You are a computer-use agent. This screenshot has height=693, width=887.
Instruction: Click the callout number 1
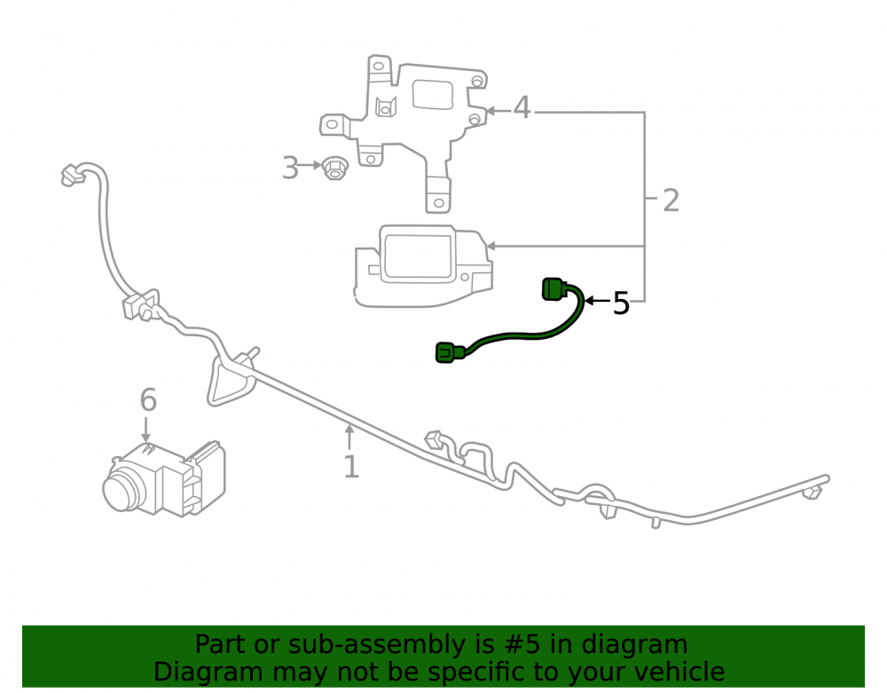(351, 467)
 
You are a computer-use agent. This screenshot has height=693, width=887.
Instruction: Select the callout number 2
(671, 201)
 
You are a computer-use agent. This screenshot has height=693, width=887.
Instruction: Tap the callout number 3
(290, 168)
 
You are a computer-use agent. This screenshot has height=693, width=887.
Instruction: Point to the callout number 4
(522, 107)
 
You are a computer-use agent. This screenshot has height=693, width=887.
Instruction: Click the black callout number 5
(621, 303)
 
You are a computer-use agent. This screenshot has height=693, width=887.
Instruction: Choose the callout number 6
(148, 400)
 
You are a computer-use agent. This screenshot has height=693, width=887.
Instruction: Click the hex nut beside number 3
(334, 169)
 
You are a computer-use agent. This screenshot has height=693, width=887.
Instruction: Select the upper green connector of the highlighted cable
(554, 289)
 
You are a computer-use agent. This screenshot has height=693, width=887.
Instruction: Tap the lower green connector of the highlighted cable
(450, 352)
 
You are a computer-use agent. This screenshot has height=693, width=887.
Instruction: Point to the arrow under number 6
(146, 429)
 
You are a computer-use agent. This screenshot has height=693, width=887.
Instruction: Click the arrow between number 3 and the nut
(310, 165)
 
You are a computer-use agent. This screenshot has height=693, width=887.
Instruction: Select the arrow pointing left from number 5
(598, 301)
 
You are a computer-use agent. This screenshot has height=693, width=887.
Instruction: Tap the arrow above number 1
(350, 437)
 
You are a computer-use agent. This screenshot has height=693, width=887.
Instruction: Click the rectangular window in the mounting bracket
(433, 94)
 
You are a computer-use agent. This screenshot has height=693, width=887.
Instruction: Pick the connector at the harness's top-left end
(72, 176)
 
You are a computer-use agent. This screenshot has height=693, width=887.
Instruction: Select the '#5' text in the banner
(514, 644)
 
